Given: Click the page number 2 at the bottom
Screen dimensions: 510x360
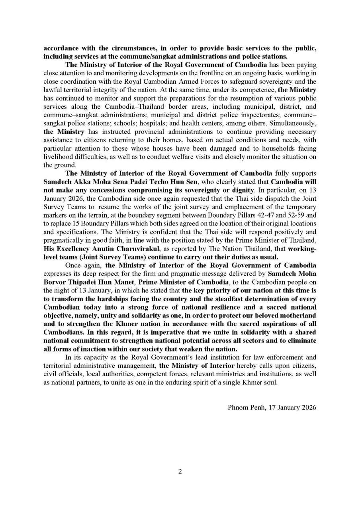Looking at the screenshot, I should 180,472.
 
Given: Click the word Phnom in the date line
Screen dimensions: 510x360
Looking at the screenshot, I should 238,408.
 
